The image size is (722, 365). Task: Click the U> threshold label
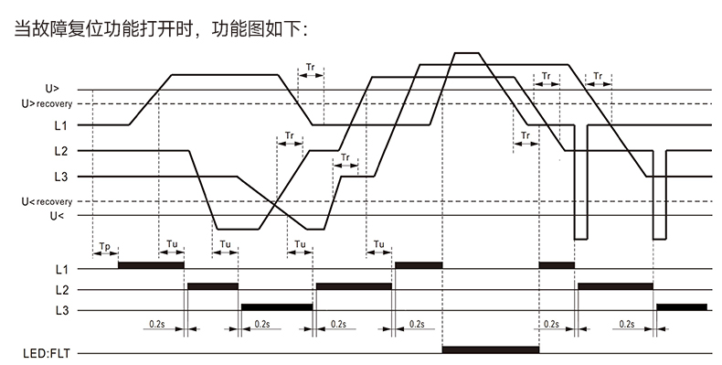52,90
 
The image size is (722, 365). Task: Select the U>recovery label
40,104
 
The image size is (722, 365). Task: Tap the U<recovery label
40,201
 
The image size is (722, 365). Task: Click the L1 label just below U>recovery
59,124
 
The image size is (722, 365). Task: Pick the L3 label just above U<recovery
59,176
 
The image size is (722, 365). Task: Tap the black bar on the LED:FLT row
491,349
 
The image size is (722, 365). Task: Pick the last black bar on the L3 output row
682,307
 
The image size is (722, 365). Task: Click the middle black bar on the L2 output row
355,286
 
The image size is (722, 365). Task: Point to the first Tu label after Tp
173,244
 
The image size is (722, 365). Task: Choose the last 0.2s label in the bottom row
627,324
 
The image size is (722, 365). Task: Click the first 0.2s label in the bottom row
156,324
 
